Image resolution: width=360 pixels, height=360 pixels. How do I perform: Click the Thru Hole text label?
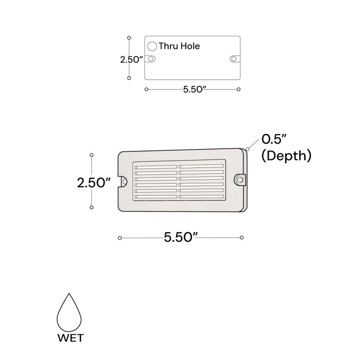pyautogui.click(x=179, y=46)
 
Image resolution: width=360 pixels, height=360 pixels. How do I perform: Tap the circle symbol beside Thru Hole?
pyautogui.click(x=152, y=46)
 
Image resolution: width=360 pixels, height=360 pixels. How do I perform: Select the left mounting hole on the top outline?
pyautogui.click(x=151, y=59)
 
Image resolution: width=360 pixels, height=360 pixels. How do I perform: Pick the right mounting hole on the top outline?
pyautogui.click(x=234, y=59)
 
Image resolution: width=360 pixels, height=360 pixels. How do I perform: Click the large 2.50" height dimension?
pyautogui.click(x=93, y=183)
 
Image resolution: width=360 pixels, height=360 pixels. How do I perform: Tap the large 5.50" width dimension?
pyautogui.click(x=180, y=238)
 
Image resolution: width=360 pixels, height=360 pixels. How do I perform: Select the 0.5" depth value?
pyautogui.click(x=274, y=139)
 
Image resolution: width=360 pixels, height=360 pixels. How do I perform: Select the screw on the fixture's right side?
pyautogui.click(x=240, y=180)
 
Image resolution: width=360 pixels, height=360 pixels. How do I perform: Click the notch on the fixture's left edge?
pyautogui.click(x=124, y=181)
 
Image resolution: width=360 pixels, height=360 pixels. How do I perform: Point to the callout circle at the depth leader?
pyautogui.click(x=248, y=149)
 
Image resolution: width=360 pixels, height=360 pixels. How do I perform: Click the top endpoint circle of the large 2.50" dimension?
pyautogui.click(x=92, y=155)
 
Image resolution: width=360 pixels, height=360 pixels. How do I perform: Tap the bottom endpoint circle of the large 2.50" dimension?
pyautogui.click(x=92, y=207)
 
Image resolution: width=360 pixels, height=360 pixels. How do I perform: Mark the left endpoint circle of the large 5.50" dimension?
pyautogui.click(x=120, y=238)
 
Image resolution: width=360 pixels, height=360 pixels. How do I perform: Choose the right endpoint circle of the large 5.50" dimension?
pyautogui.click(x=242, y=238)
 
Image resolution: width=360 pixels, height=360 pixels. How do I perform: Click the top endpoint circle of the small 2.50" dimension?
pyautogui.click(x=129, y=37)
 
